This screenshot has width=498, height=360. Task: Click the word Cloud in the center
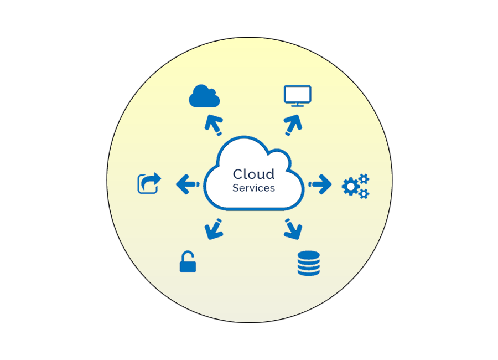pos(253,174)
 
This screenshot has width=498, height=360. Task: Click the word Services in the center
pos(253,188)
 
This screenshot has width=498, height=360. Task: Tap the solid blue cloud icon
pos(204,96)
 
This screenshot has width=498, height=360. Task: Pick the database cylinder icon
pos(309,263)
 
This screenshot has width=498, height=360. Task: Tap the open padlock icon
pos(188,262)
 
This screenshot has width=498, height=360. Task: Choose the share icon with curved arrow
pos(148,183)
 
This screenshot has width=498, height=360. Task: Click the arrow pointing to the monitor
pos(293,125)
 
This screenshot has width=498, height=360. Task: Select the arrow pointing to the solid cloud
pos(213,125)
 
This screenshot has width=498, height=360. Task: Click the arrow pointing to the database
pos(293,229)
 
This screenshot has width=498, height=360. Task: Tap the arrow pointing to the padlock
pos(213,229)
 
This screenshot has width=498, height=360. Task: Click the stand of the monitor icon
pos(298,104)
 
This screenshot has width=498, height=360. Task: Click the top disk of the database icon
pos(309,255)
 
